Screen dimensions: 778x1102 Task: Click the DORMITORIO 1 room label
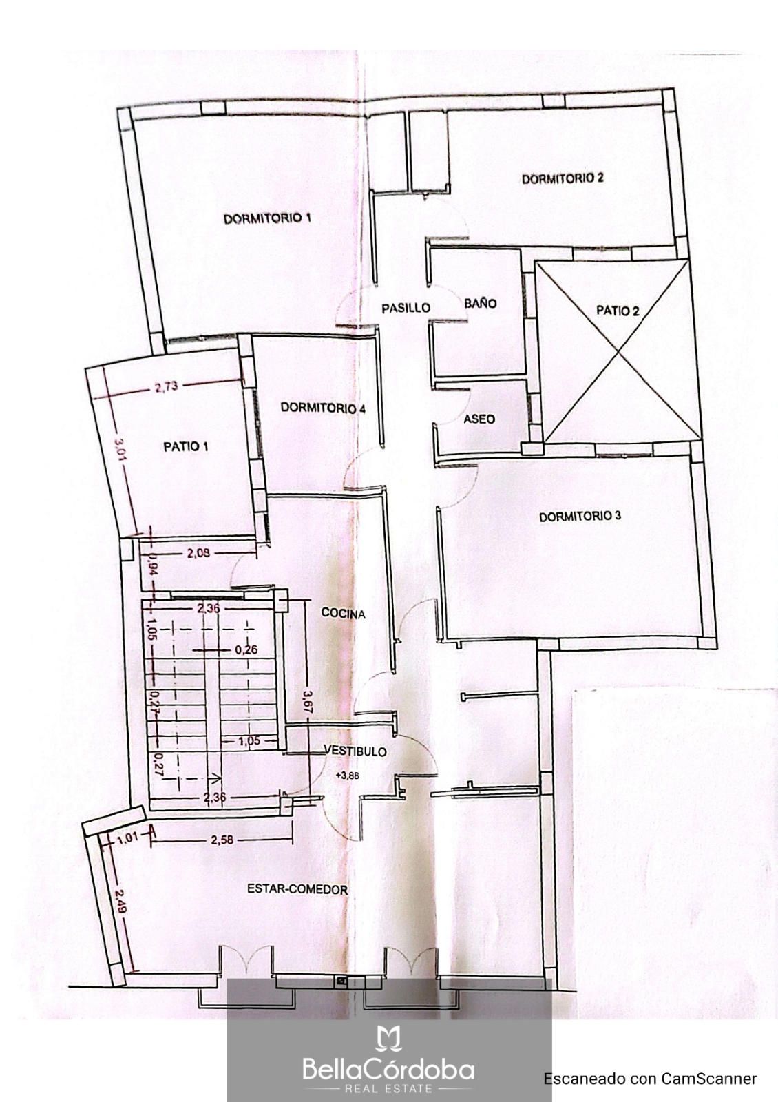pyautogui.click(x=267, y=218)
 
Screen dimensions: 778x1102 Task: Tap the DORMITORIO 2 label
pyautogui.click(x=562, y=178)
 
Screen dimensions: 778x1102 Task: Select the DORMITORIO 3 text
pyautogui.click(x=580, y=517)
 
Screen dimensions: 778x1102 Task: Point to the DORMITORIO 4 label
pyautogui.click(x=323, y=408)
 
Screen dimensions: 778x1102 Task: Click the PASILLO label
pyautogui.click(x=406, y=308)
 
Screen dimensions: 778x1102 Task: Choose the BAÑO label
pyautogui.click(x=481, y=303)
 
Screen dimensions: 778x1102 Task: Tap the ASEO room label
pyautogui.click(x=479, y=419)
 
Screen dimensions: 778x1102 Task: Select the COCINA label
pyautogui.click(x=343, y=614)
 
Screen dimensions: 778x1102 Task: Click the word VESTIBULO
pyautogui.click(x=355, y=751)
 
